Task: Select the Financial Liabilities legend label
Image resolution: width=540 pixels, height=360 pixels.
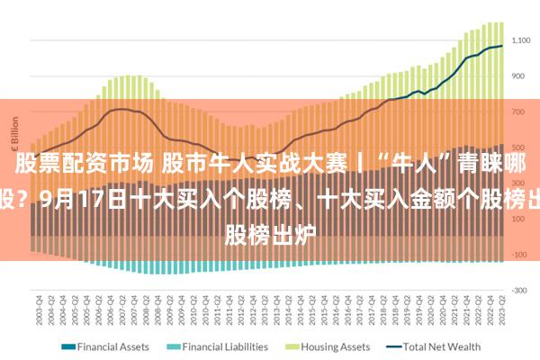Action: (225, 346)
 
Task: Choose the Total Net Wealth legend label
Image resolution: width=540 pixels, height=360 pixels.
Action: (442, 346)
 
